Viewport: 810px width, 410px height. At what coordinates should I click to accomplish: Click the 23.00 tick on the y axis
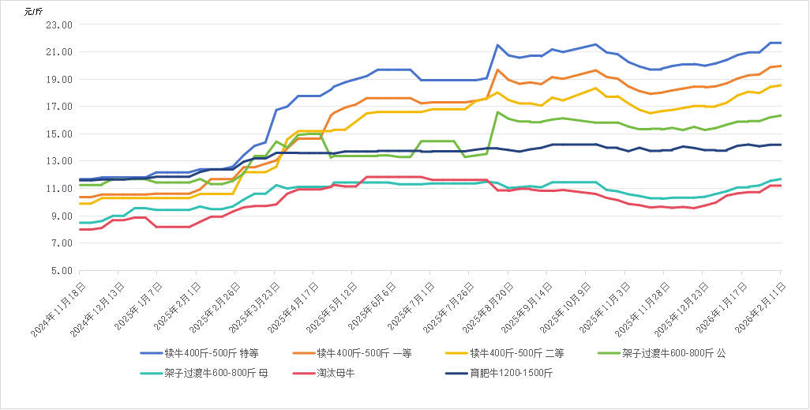point(61,24)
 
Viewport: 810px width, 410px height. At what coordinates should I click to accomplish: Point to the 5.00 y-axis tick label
point(63,270)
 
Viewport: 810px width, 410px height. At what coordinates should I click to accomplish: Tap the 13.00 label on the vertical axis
point(61,161)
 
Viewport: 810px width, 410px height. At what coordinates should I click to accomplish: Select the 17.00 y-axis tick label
point(61,107)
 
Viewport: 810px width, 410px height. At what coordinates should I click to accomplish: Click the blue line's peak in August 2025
point(497,45)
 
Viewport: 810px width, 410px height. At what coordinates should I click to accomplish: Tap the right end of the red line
point(781,186)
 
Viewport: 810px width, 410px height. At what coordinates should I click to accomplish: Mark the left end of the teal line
point(81,223)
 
